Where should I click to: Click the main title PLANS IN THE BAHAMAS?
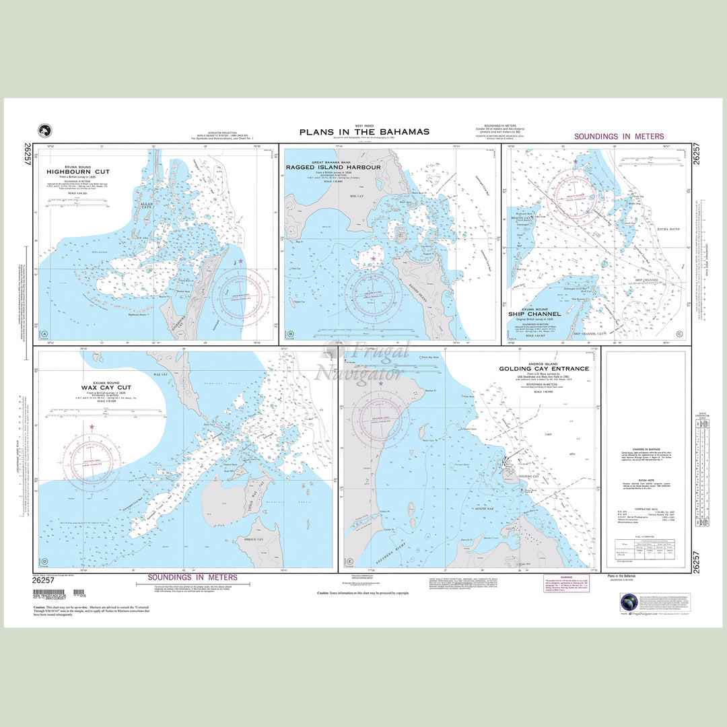tap(363, 132)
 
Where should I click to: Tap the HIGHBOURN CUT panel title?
tap(78, 172)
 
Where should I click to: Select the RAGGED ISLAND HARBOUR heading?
tap(333, 167)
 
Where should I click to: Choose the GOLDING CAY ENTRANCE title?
tap(543, 369)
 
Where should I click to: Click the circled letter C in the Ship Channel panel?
tap(680, 335)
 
